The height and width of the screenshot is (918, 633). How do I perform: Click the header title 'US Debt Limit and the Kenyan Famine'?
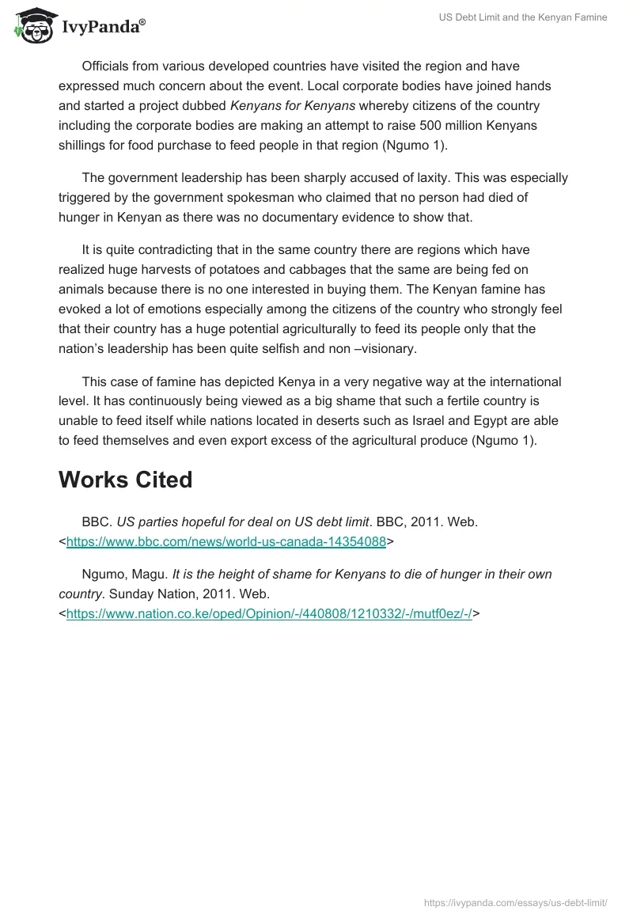point(523,17)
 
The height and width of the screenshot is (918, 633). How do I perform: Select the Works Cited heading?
point(125,480)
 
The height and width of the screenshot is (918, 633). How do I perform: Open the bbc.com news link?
point(226,542)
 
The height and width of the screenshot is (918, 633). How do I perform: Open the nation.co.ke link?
point(269,612)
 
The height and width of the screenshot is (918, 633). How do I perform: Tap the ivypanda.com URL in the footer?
point(516,901)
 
